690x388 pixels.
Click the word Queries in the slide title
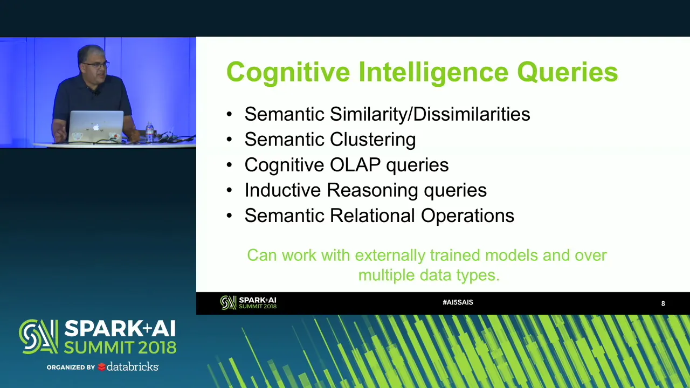(x=568, y=72)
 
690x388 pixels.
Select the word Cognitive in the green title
(x=288, y=72)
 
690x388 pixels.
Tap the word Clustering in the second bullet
(x=372, y=140)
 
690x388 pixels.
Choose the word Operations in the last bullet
(x=467, y=216)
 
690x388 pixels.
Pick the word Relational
(x=372, y=215)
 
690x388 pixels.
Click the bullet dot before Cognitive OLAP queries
(x=229, y=165)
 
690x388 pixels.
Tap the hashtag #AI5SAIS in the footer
(x=458, y=302)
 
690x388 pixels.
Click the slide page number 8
(x=663, y=303)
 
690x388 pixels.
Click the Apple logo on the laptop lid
(x=96, y=127)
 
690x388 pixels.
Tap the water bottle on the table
(x=149, y=132)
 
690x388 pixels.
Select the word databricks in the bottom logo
(x=133, y=367)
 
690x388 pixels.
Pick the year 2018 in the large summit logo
(x=157, y=348)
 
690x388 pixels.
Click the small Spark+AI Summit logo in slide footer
(x=249, y=303)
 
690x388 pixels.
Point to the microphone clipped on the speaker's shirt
(x=95, y=92)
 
